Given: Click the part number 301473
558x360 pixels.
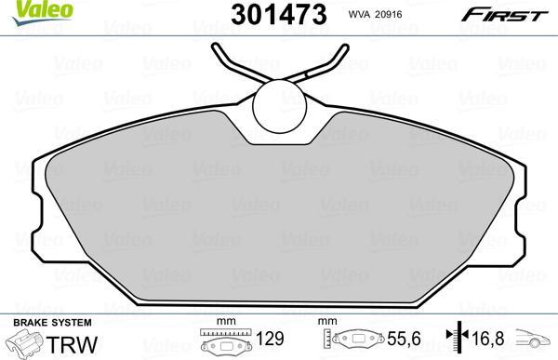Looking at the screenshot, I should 269,14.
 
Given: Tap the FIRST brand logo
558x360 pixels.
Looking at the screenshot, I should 512,14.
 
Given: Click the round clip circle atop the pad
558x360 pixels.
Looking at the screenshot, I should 279,104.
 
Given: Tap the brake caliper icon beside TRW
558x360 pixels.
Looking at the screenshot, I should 23,343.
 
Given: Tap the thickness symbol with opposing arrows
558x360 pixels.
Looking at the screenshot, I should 456,341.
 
